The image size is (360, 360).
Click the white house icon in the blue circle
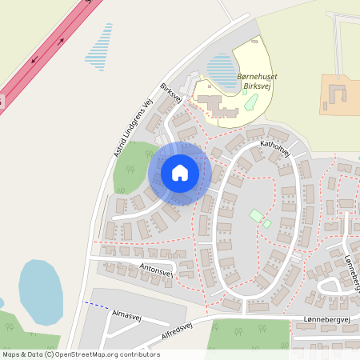180,173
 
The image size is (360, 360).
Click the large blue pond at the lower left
39,293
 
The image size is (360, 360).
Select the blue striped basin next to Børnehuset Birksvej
219,67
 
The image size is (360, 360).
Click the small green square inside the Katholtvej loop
257,215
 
